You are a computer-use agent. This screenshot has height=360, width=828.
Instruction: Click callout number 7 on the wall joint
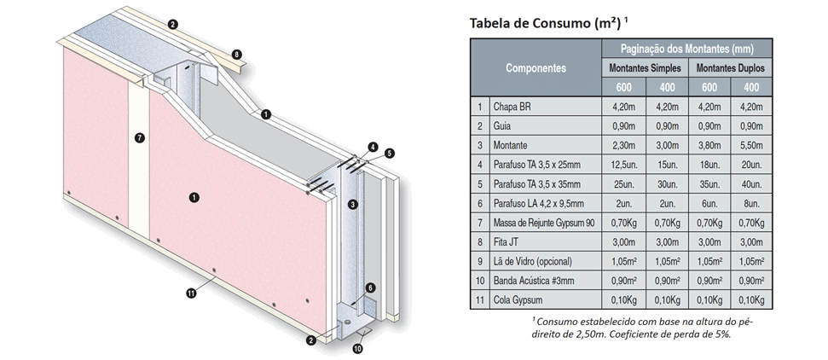[139, 138]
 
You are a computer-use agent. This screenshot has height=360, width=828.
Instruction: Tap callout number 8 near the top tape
[236, 54]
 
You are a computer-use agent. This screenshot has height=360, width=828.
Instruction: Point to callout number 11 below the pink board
[191, 293]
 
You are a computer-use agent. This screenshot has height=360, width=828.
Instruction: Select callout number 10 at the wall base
[357, 349]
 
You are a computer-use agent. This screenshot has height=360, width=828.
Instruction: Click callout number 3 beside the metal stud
[353, 204]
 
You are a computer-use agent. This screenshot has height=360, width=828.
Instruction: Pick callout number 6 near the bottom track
[370, 288]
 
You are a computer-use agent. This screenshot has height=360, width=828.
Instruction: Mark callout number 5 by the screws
[389, 154]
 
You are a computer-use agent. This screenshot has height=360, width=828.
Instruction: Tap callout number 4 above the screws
[373, 147]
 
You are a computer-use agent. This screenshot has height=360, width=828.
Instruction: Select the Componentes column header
[536, 68]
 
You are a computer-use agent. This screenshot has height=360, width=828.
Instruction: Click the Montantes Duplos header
[730, 68]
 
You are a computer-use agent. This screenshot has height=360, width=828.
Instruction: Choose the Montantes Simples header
[645, 68]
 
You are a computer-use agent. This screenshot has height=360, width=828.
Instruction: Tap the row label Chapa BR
[512, 107]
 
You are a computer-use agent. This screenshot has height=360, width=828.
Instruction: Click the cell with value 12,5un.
[623, 165]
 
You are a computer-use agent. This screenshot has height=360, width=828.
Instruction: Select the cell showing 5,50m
[751, 145]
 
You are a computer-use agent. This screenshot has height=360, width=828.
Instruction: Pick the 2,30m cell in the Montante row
[623, 145]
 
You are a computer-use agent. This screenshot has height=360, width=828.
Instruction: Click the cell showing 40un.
[751, 184]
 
